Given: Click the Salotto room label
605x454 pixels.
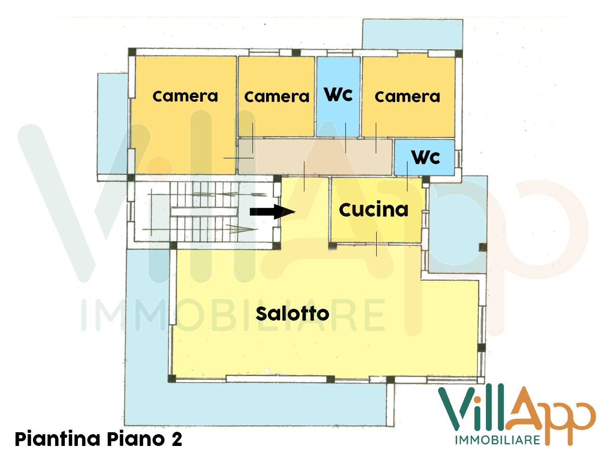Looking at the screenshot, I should click(292, 314).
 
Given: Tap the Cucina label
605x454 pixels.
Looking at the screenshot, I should click(373, 210).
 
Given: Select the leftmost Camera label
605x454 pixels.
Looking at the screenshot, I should click(185, 96).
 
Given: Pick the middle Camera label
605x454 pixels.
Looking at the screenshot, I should click(277, 97).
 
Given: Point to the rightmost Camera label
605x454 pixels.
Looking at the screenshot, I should click(407, 97).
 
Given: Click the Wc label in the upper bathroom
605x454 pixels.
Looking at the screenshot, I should click(338, 94).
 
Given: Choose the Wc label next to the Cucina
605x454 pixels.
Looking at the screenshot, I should click(425, 157).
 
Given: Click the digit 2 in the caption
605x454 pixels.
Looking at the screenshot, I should click(176, 439).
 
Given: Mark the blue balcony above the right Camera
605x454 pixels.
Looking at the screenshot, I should click(412, 34).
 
